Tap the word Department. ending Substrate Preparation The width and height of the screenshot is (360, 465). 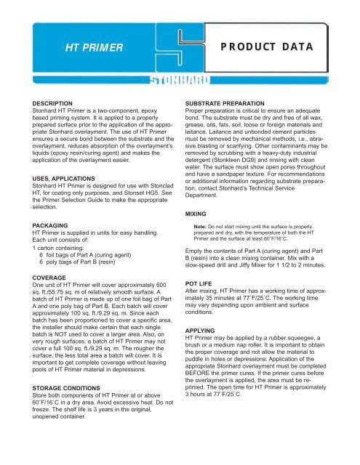[x=210, y=195]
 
